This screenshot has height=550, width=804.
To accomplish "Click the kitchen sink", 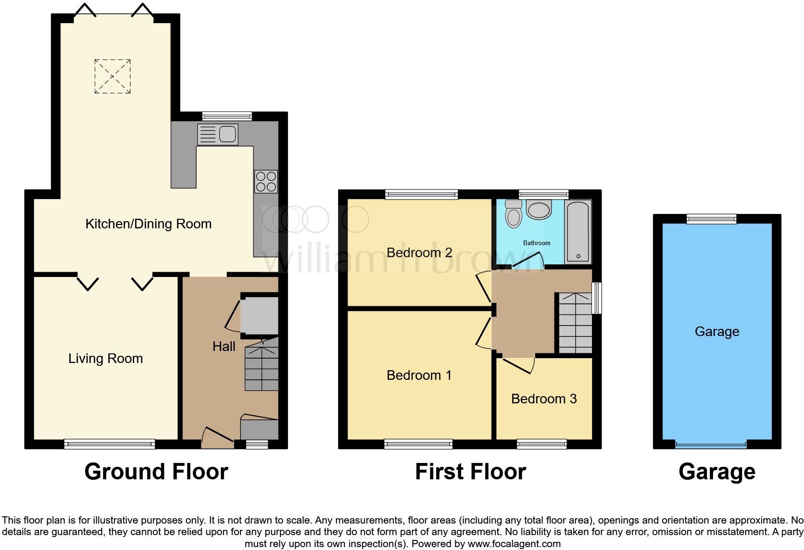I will tap(218, 134).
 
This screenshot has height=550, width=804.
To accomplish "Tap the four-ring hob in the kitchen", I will tap(266, 182).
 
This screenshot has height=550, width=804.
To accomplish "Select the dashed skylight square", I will tap(113, 76).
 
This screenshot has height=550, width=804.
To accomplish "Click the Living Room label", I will tap(105, 359).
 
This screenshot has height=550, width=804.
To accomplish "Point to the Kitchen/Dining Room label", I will tap(148, 224).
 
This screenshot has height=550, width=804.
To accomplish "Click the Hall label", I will tap(224, 347).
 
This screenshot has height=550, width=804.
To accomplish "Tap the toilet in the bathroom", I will tap(514, 214).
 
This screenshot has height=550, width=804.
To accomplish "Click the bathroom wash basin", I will tap(539, 210).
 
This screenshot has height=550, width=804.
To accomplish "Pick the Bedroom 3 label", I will tap(543, 399).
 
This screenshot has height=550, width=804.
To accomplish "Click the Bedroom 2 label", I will tap(419, 253).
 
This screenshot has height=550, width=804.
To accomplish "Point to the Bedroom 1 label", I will tap(419, 375).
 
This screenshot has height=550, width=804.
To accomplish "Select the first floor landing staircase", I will tap(575, 323).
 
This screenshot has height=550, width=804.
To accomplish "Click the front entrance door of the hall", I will tap(217, 437).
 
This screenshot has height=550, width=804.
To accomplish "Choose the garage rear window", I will tap(712, 219).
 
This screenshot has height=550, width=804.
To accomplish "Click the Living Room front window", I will tap(110, 444).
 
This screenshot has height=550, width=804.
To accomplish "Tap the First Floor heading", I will tap(470, 472).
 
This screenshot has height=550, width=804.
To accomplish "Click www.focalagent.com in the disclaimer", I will tap(514, 544).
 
